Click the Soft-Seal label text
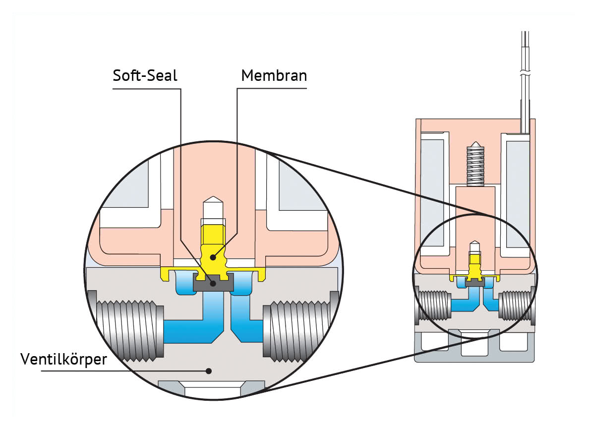tap(145, 75)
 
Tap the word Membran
tap(274, 75)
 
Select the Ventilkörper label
tap(63, 359)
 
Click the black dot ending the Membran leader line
tap(213, 257)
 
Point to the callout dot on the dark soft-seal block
tap(213, 284)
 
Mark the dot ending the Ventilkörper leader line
tap(209, 371)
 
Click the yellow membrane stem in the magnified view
tap(213, 248)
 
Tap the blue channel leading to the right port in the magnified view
tap(244, 319)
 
